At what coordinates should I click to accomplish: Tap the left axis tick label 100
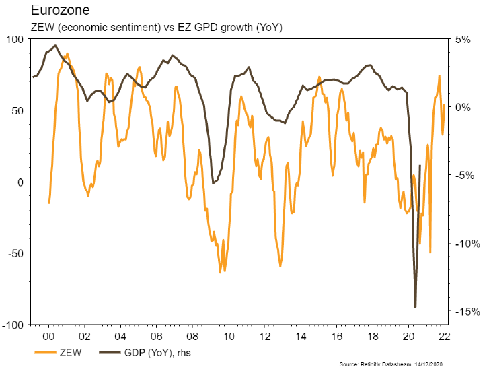(x=13, y=39)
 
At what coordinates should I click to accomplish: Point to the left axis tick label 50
(x=16, y=110)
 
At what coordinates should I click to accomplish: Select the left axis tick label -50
(x=14, y=253)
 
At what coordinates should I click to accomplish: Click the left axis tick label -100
(x=12, y=325)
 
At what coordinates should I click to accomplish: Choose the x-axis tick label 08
(x=192, y=335)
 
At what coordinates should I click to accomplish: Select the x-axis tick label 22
(x=445, y=335)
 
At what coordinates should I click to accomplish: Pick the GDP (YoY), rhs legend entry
(x=145, y=352)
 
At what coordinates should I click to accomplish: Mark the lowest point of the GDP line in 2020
(x=415, y=307)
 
